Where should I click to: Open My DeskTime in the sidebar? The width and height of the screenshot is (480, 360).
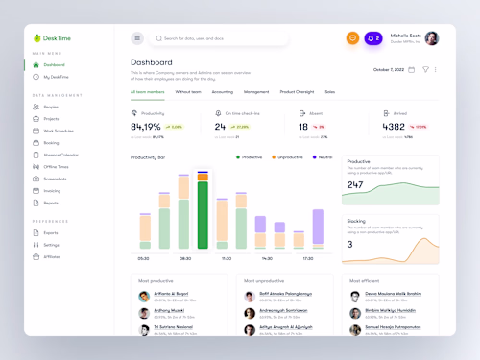(x=55, y=76)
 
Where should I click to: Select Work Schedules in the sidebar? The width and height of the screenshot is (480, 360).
(x=58, y=131)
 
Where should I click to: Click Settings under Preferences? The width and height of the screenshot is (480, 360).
(x=51, y=245)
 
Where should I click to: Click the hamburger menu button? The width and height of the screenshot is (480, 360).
(x=137, y=38)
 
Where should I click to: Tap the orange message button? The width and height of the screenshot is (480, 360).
(x=352, y=38)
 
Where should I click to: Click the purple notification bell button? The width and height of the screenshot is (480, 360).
(x=374, y=38)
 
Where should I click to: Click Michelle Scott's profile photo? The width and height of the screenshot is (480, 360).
(x=432, y=38)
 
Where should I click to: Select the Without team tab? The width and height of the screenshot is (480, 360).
(x=188, y=92)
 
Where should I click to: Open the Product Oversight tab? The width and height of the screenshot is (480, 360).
(x=297, y=92)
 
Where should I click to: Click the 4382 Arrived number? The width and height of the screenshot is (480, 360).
(x=394, y=126)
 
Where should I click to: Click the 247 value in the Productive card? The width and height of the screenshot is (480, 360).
(x=355, y=184)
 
